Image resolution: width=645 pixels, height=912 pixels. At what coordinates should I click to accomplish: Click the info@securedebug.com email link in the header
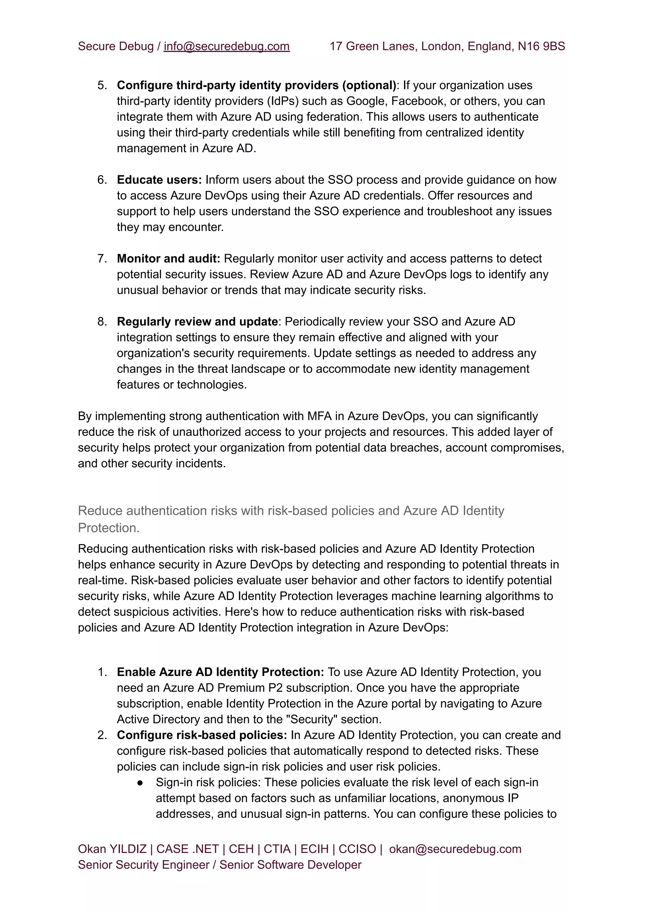coord(226,47)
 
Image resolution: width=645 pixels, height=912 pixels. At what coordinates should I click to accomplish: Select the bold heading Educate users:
coord(159,180)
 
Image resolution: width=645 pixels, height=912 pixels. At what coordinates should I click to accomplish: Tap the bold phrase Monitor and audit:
coord(168,258)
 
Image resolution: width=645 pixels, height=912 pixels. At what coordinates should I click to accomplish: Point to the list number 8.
coord(102,322)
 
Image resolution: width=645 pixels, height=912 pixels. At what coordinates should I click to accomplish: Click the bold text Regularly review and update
coord(197,322)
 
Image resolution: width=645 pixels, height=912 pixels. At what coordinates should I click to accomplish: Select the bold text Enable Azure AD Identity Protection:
coord(220,672)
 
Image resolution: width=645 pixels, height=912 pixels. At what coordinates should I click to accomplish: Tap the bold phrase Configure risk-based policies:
coord(202,735)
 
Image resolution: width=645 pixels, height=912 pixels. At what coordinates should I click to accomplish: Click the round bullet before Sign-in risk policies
coord(140,782)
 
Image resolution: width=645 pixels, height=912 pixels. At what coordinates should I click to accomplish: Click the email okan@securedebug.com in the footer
coord(455,849)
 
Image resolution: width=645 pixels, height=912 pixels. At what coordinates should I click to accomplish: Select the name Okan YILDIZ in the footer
coord(112,849)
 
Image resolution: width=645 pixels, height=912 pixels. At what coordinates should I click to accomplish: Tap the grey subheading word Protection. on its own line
coord(108,528)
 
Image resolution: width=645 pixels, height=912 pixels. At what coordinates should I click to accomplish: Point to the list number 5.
coord(102,85)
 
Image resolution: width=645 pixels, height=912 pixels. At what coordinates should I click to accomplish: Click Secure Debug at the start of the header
coord(115,47)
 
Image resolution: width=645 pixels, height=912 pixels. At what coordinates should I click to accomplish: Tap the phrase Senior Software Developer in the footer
coord(290,865)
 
